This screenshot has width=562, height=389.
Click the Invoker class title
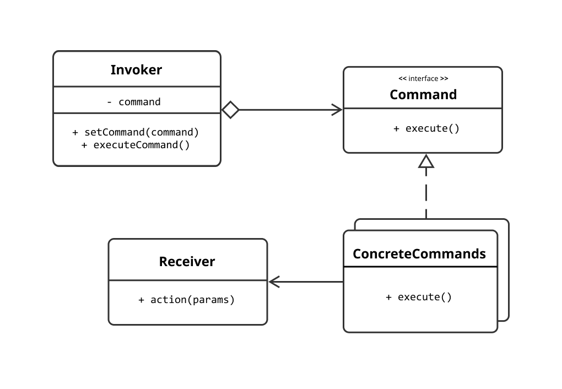(x=136, y=70)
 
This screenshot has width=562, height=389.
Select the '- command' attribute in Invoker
(x=133, y=102)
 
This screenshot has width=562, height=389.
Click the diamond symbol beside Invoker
(x=230, y=110)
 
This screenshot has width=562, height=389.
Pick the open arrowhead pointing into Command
(x=336, y=110)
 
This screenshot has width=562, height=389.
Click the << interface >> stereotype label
(x=423, y=79)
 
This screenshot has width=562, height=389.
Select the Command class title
(x=423, y=94)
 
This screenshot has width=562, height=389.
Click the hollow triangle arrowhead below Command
(x=426, y=161)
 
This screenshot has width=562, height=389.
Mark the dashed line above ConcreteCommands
(x=426, y=193)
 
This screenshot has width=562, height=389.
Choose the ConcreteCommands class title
(x=419, y=253)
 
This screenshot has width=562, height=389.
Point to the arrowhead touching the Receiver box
(x=274, y=282)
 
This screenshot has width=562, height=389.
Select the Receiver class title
(x=187, y=261)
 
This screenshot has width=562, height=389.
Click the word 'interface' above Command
(x=423, y=79)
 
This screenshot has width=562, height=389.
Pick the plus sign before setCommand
(x=75, y=132)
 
